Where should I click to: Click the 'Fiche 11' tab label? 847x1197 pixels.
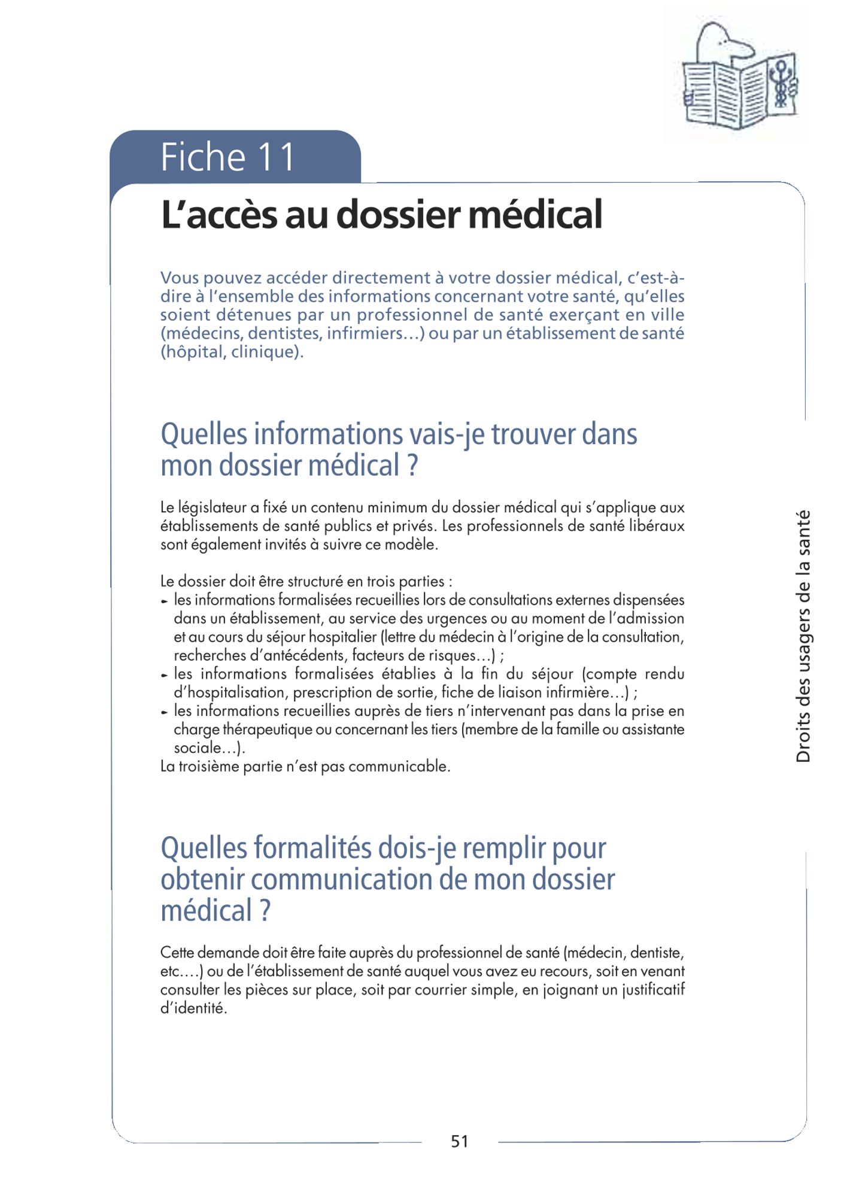pyautogui.click(x=227, y=157)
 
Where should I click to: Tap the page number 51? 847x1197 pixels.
pyautogui.click(x=459, y=1141)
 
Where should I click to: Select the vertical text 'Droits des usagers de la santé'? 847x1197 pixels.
pyautogui.click(x=803, y=636)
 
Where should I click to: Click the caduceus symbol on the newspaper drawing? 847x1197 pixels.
pyautogui.click(x=781, y=84)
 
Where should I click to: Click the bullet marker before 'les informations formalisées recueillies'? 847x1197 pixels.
pyautogui.click(x=165, y=601)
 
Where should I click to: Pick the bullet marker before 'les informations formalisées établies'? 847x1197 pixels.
pyautogui.click(x=165, y=675)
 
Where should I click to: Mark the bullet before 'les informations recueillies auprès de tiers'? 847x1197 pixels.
pyautogui.click(x=165, y=712)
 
